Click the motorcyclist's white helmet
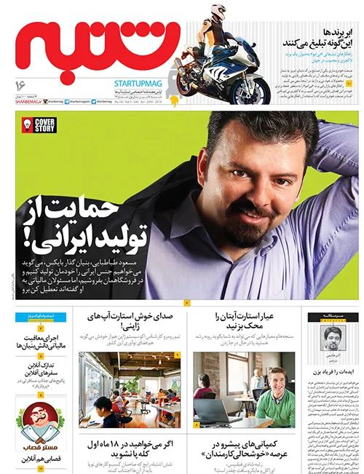(219, 13)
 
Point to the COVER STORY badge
(45, 126)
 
